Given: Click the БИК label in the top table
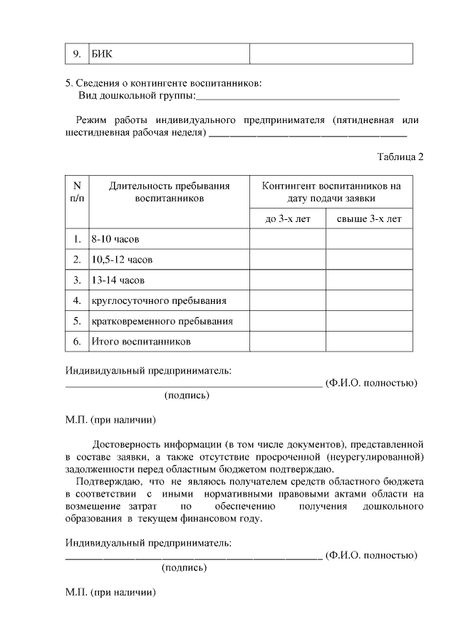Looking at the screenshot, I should click(103, 55).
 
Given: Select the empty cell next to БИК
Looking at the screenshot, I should click(331, 55).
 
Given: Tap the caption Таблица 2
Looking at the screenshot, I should click(400, 157).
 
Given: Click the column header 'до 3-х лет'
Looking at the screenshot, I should click(288, 219).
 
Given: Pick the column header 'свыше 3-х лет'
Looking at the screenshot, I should click(369, 219).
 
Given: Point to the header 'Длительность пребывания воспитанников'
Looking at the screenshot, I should click(169, 192).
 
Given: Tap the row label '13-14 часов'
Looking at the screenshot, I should click(118, 280).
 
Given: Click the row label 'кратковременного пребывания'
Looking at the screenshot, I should click(162, 322).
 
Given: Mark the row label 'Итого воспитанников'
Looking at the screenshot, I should click(141, 342).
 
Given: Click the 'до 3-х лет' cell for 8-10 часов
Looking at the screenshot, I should click(288, 239).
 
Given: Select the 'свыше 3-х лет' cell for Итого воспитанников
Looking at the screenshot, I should click(369, 342).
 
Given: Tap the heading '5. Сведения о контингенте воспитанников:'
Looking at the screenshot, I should click(163, 83).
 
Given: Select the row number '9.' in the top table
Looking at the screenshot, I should click(77, 55).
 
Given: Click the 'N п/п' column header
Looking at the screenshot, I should click(77, 192).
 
